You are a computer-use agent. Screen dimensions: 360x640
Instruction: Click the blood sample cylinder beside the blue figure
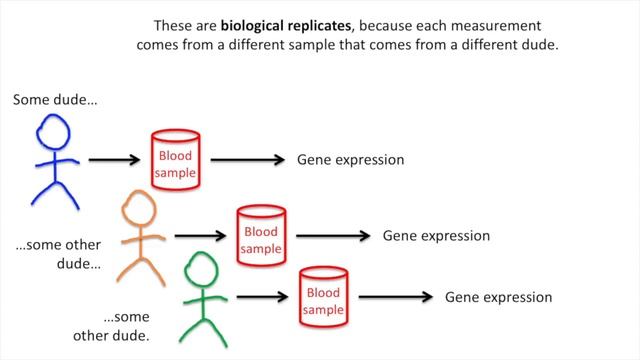(174, 160)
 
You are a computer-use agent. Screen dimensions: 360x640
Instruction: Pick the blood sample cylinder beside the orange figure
(261, 236)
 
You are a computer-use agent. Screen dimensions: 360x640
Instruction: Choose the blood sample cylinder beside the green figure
(324, 297)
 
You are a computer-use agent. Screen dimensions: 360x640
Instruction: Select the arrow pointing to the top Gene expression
(249, 159)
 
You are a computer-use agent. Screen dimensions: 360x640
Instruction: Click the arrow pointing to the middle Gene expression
(335, 236)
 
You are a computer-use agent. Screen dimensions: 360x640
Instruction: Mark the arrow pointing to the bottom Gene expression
(397, 297)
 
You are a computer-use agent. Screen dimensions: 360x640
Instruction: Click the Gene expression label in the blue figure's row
(351, 160)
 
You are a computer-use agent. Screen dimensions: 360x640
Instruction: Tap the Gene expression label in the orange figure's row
(437, 236)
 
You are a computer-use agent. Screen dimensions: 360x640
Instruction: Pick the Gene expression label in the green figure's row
(499, 297)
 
